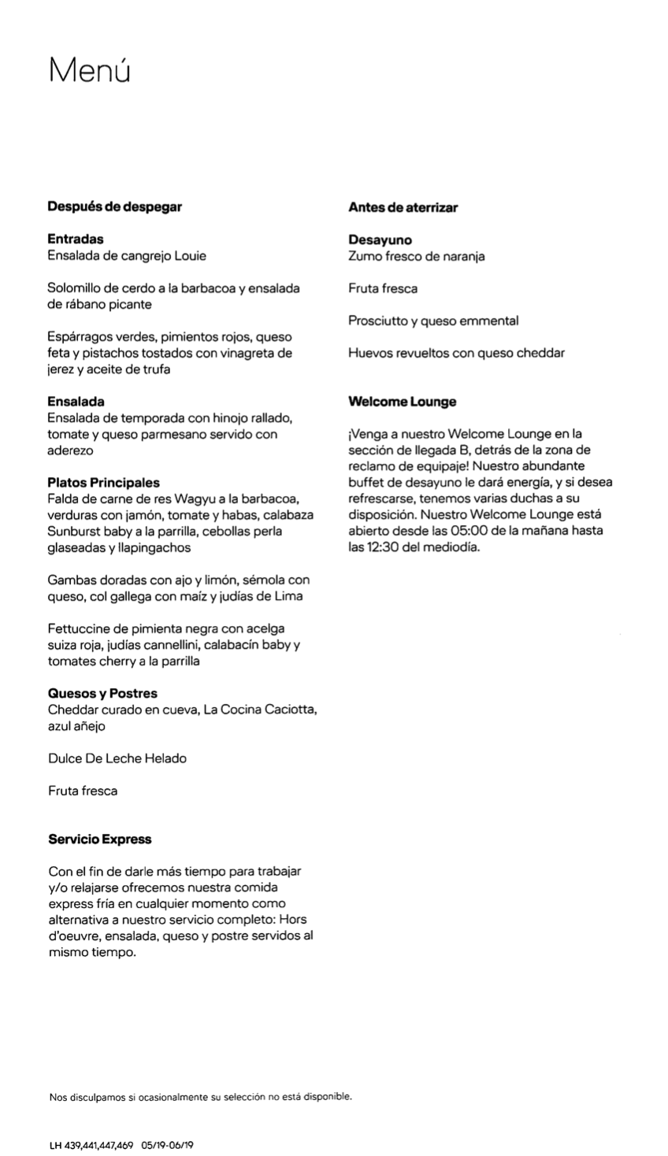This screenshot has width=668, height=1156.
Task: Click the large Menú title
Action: [x=89, y=70]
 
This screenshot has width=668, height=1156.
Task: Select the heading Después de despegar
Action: [x=114, y=207]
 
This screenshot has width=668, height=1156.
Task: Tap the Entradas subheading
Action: [x=76, y=239]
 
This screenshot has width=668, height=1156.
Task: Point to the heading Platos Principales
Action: [x=103, y=483]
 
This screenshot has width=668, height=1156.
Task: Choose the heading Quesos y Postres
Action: [x=102, y=694]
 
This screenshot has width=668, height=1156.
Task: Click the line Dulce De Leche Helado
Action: [x=117, y=759]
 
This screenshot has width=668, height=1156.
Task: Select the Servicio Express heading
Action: [x=99, y=839]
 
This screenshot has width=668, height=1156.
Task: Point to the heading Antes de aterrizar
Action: [x=403, y=208]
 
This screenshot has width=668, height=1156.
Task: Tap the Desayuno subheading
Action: [x=380, y=240]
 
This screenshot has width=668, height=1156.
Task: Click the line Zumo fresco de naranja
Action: [x=416, y=257]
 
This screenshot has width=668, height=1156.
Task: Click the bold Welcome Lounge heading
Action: [x=402, y=402]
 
